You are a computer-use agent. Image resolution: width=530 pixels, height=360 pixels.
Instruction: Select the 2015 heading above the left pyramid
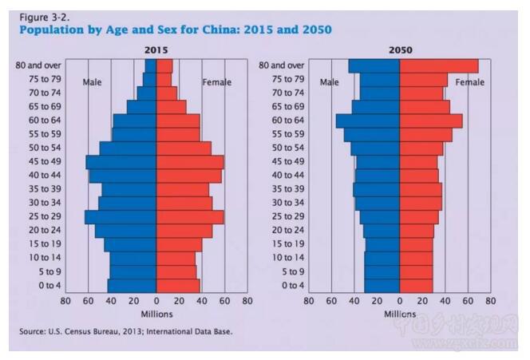156,49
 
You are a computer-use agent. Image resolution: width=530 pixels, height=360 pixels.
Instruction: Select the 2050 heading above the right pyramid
400,49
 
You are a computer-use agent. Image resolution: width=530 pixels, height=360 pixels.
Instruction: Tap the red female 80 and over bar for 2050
438,65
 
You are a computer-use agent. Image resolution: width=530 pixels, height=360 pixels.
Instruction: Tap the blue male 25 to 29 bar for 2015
121,216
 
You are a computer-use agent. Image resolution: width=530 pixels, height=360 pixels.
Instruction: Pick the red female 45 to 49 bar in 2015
189,161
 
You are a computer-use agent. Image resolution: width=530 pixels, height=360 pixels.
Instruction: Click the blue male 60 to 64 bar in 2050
368,121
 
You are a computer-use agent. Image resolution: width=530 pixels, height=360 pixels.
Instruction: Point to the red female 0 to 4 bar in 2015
178,285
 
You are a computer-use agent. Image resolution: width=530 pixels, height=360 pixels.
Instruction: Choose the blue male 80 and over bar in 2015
151,65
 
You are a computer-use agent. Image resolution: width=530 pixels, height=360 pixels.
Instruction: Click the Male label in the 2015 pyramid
93,82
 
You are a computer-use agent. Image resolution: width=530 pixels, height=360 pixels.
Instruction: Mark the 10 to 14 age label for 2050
287,258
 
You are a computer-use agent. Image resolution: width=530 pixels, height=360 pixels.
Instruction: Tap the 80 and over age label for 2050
282,65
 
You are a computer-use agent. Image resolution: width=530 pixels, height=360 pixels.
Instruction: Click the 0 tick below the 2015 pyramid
156,301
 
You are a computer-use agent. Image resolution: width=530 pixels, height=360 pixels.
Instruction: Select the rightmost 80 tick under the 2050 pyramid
490,301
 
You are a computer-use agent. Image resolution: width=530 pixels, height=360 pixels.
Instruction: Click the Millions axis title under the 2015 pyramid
156,314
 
